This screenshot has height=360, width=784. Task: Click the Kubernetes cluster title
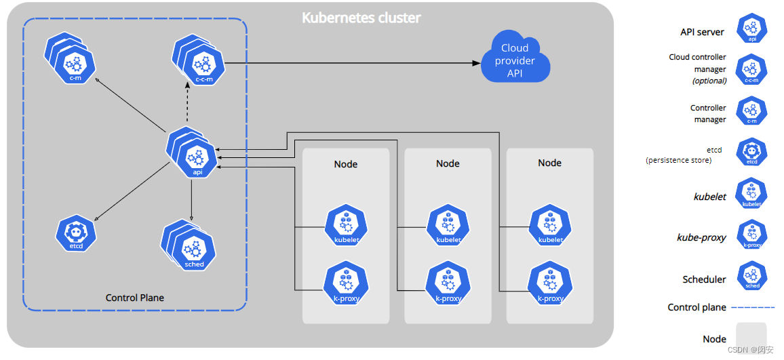tap(361, 18)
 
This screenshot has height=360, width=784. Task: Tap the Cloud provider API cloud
tap(515, 61)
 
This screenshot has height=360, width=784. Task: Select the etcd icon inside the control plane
tap(76, 234)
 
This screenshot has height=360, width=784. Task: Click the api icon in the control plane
tap(196, 158)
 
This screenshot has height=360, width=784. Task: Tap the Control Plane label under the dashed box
tap(135, 298)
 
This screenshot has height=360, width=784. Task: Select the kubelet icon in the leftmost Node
tap(346, 227)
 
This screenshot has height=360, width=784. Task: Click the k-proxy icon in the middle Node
tap(448, 285)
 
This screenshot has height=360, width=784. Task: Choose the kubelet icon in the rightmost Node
tap(550, 227)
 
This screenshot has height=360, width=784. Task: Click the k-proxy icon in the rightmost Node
tap(550, 285)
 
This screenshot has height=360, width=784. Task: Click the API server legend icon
tap(751, 28)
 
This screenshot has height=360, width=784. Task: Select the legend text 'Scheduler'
tap(704, 279)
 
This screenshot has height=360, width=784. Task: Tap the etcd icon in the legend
tap(751, 153)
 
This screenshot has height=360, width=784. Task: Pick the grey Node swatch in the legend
tap(751, 337)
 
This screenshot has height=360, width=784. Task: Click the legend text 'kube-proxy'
tap(701, 238)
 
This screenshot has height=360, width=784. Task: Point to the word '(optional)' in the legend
tap(709, 81)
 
